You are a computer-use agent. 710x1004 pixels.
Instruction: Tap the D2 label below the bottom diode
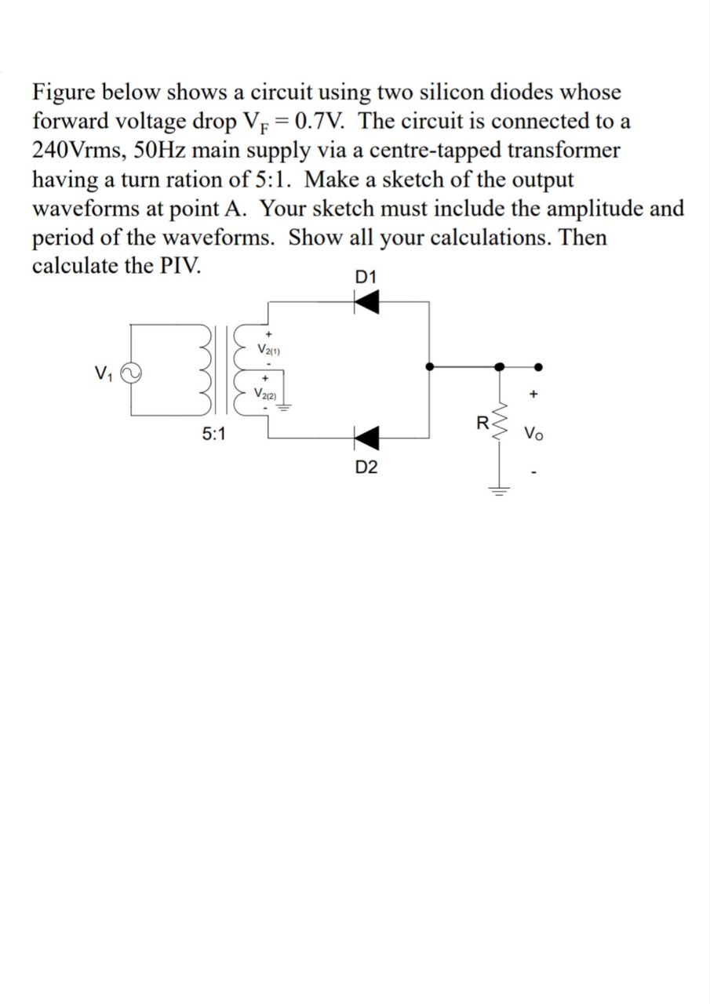pyautogui.click(x=366, y=468)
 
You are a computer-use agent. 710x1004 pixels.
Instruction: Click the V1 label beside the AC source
pyautogui.click(x=103, y=371)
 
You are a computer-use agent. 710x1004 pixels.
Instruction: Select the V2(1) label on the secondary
pyautogui.click(x=269, y=349)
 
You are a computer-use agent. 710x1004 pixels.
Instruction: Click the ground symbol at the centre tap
pyautogui.click(x=286, y=406)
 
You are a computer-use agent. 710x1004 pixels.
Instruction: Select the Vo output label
pyautogui.click(x=533, y=432)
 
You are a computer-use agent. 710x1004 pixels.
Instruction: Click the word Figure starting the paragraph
pyautogui.click(x=66, y=92)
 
